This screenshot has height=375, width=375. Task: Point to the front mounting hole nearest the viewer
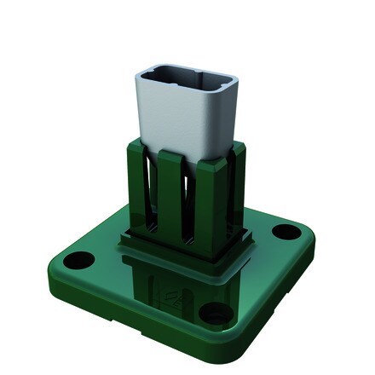click(211, 314)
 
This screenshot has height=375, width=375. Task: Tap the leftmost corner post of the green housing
click(132, 183)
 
